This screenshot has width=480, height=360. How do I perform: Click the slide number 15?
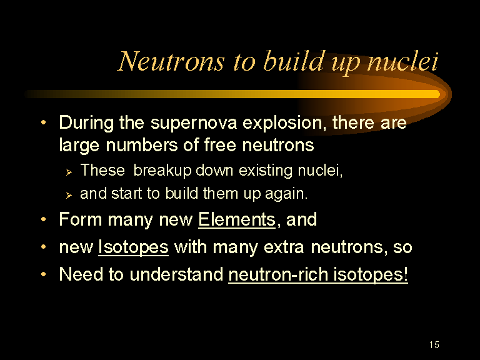click(x=434, y=345)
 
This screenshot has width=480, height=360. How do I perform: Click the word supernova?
click(x=194, y=123)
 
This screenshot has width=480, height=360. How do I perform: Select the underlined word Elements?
click(x=237, y=220)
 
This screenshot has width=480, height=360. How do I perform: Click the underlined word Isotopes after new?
click(x=133, y=247)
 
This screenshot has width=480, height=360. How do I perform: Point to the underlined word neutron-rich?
click(x=278, y=274)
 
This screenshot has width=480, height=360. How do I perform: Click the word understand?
click(x=176, y=274)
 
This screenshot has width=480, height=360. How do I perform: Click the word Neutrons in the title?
click(x=171, y=61)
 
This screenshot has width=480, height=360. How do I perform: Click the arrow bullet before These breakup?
click(x=69, y=172)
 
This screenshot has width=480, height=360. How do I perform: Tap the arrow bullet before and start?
click(x=69, y=195)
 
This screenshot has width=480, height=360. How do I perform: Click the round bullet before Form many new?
click(x=44, y=219)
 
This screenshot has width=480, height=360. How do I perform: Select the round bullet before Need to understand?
click(x=44, y=274)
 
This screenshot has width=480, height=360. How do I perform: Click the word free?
click(x=220, y=144)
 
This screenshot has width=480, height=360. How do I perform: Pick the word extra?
click(x=284, y=247)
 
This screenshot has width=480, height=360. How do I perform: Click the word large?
click(x=79, y=146)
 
